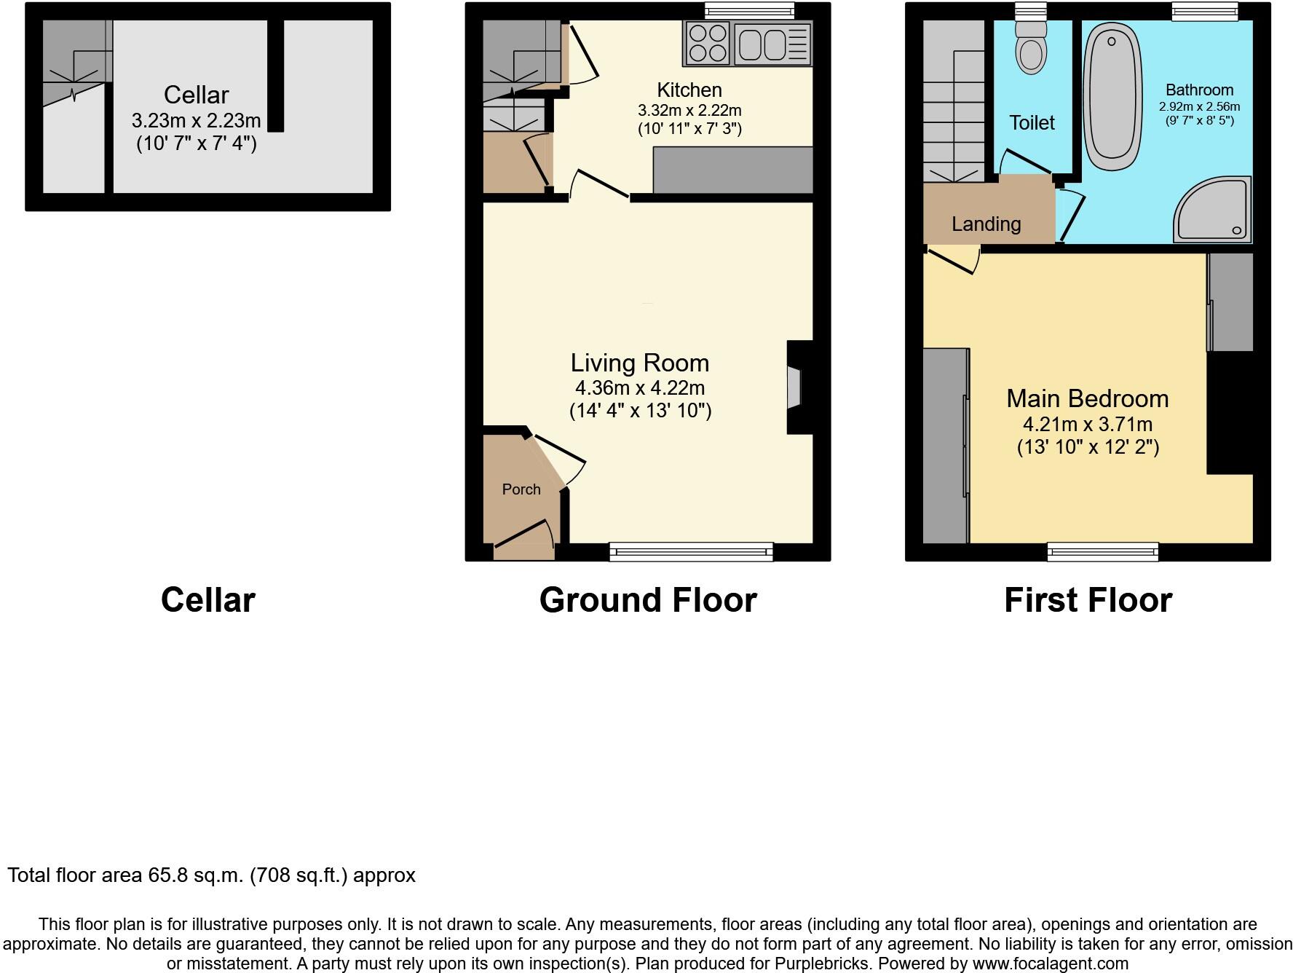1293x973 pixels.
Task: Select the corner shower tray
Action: point(1214,211)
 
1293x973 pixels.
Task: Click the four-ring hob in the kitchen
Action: point(708,44)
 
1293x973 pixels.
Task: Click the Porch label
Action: point(521,489)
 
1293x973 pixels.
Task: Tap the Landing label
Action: point(986,224)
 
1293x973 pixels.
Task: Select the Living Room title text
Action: point(639,363)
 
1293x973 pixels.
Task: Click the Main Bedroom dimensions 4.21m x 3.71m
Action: point(1088,425)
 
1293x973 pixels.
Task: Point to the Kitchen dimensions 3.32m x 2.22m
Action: point(689,111)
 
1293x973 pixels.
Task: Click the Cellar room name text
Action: point(196,95)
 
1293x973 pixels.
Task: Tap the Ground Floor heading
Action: point(648,600)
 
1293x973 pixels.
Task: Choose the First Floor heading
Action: point(1088,600)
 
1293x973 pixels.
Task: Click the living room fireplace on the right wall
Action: point(795,387)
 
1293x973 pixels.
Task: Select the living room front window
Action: point(691,552)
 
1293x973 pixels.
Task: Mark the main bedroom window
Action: point(1102,552)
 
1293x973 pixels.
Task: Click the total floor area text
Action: point(211,875)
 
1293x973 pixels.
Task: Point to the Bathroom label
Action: point(1199,90)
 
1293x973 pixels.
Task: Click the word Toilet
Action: point(1032,122)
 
